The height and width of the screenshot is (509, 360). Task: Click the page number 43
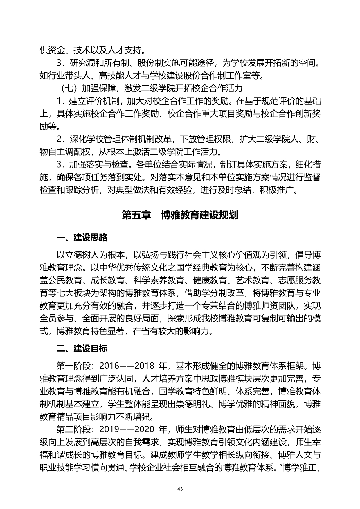click(180, 489)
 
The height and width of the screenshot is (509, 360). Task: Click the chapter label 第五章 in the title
click(136, 215)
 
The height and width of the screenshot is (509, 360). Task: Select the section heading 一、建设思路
click(82, 238)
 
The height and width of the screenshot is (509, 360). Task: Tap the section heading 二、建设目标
click(82, 348)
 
